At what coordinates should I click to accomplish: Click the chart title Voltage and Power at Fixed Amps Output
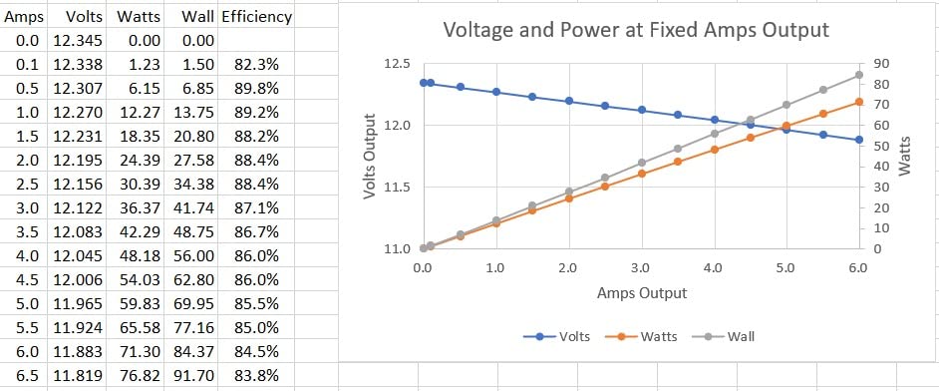click(x=636, y=30)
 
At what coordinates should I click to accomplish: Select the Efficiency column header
click(x=256, y=17)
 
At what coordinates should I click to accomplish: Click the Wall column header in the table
click(x=198, y=17)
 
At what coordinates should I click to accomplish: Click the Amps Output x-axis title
click(x=642, y=293)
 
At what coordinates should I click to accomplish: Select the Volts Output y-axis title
click(x=370, y=155)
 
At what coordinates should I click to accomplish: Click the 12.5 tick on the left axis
click(x=397, y=64)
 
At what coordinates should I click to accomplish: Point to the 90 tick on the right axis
click(x=880, y=64)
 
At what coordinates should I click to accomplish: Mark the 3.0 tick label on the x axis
click(x=641, y=268)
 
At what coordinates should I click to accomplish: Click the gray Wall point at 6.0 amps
click(x=858, y=75)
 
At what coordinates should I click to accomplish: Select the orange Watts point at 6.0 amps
click(x=858, y=102)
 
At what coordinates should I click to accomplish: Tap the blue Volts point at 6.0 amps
click(x=858, y=140)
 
